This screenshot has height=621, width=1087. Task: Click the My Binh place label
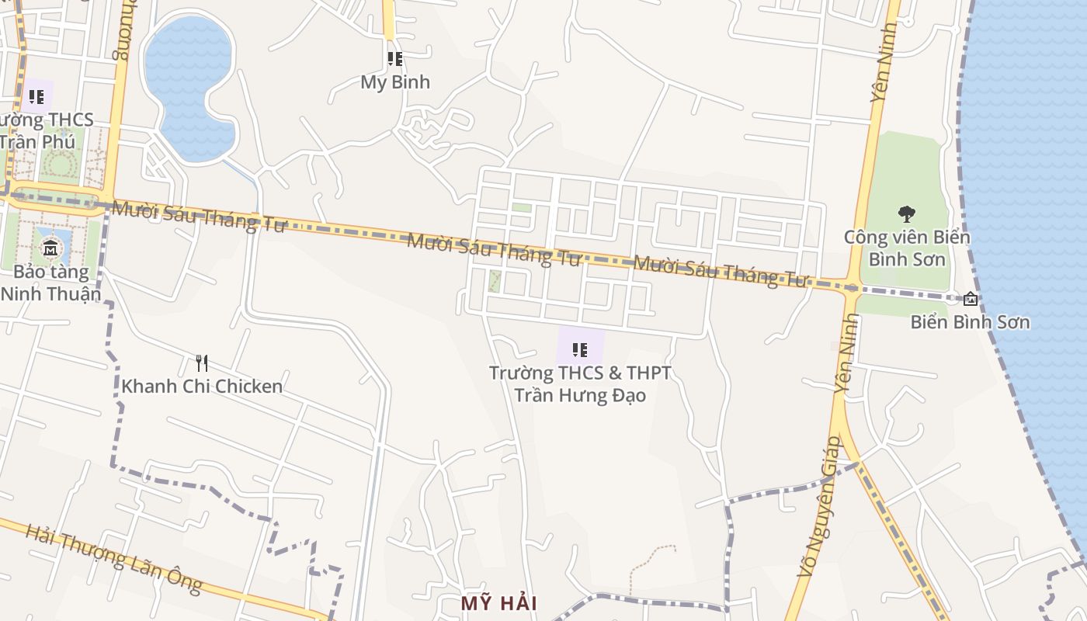[395, 82]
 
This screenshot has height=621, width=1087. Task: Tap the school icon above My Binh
[395, 58]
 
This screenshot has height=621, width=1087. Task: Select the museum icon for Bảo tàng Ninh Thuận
[50, 248]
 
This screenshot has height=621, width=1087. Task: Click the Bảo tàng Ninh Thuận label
[51, 283]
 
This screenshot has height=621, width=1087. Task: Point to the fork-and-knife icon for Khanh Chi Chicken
[202, 363]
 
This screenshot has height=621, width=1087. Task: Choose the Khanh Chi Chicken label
[202, 386]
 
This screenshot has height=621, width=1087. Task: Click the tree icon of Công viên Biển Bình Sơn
[906, 214]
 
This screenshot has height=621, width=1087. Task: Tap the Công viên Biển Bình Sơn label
[907, 248]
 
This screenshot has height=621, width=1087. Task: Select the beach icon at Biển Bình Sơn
[971, 299]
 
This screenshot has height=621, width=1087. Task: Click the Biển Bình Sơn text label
[970, 321]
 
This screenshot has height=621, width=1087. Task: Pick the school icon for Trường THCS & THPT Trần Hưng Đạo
[580, 350]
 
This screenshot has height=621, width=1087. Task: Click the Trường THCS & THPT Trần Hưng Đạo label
[580, 383]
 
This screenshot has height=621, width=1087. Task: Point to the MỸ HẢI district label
[499, 603]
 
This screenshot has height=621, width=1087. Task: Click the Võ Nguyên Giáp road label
[820, 505]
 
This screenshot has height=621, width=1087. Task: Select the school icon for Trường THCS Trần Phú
[36, 97]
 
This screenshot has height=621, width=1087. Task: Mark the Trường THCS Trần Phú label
[47, 131]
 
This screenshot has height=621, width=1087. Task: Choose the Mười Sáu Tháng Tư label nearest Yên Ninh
[721, 272]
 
